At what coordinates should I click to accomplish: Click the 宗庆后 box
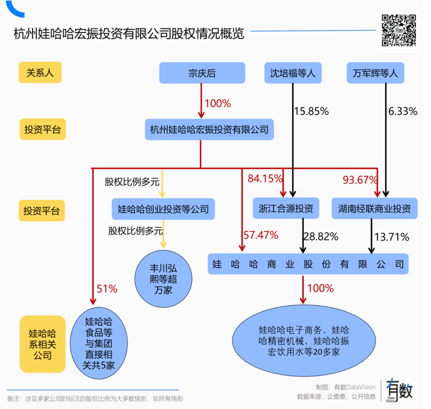pos(202,73)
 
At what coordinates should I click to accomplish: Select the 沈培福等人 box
pos(293,73)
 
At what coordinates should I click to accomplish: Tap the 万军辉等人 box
pos(375,73)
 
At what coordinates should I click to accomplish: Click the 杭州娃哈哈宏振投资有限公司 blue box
pos(209,129)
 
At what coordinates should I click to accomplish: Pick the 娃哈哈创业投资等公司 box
pos(163,209)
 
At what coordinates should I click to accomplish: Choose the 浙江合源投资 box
pos(286,209)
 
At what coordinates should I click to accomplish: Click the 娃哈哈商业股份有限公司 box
pos(308,264)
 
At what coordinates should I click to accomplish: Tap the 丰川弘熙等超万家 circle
pos(163,279)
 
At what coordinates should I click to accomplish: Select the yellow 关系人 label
pos(40,73)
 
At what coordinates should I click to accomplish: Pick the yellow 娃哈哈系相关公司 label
pos(42,344)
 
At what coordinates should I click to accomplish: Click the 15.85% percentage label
pos(311,111)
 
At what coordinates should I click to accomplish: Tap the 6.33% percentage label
pos(403,111)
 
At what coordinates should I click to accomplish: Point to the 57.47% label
pos(261,235)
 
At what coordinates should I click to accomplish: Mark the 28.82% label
pos(321,237)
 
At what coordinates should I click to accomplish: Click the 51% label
pos(107,289)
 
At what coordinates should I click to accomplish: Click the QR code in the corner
pos(399,31)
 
